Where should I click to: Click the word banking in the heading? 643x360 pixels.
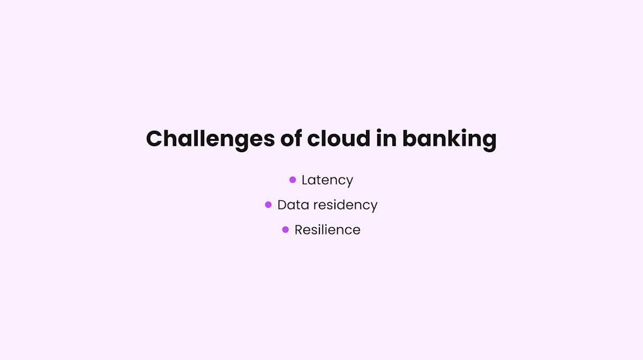point(449,139)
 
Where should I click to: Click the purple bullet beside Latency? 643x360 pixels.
point(293,180)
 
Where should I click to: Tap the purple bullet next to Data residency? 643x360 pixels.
point(268,205)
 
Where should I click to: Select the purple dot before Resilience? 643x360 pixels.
point(286,230)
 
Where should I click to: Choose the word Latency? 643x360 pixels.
point(327,180)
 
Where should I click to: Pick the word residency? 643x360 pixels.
point(345,205)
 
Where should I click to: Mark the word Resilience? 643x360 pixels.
point(327,230)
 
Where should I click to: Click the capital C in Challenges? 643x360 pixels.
point(155,139)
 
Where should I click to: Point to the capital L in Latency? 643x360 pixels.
point(305,180)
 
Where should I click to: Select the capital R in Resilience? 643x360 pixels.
point(298,230)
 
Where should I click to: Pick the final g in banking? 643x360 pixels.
point(488,141)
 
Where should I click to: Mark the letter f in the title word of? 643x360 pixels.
point(299,138)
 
